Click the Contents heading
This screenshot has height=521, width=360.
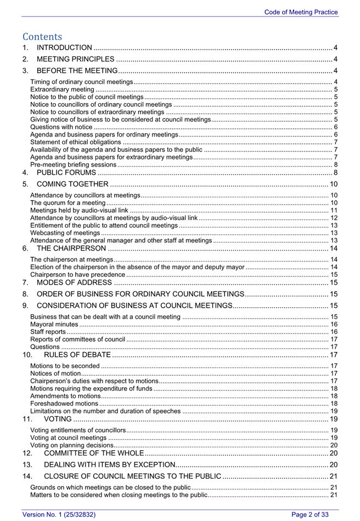point(42,36)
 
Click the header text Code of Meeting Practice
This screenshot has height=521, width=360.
point(301,12)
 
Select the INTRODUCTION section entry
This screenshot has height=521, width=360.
point(64,48)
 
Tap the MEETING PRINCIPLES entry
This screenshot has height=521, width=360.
point(76,59)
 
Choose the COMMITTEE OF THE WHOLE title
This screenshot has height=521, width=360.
point(85,454)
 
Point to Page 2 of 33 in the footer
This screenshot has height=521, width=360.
point(310,514)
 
